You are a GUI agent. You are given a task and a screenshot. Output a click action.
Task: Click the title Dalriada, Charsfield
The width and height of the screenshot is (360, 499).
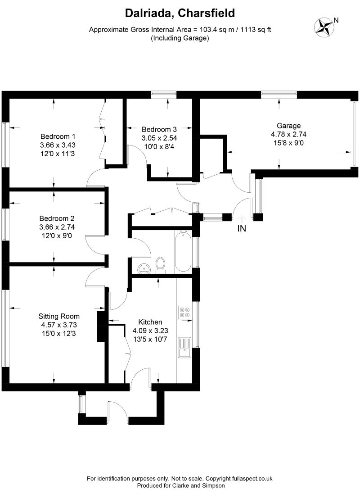[x=180, y=14]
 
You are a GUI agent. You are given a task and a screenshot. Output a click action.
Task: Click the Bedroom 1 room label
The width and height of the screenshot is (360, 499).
[x=58, y=136]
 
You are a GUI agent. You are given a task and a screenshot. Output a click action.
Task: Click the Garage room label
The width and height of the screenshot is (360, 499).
[x=288, y=126]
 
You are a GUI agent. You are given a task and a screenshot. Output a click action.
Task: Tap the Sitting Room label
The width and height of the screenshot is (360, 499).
[x=59, y=316]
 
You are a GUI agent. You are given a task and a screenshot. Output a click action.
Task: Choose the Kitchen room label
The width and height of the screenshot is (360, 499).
[x=150, y=322]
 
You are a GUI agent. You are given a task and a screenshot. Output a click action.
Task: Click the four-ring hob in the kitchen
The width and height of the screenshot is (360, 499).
[x=185, y=313]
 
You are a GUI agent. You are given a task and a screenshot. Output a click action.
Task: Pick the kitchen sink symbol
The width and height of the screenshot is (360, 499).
[x=184, y=347]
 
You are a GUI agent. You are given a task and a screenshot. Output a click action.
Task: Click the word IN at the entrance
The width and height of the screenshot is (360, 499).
[x=242, y=228]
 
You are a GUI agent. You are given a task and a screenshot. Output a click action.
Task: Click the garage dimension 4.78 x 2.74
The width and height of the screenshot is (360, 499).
[x=288, y=134]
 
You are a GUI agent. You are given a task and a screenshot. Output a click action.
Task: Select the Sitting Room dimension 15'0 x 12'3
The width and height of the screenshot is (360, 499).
[x=59, y=333]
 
